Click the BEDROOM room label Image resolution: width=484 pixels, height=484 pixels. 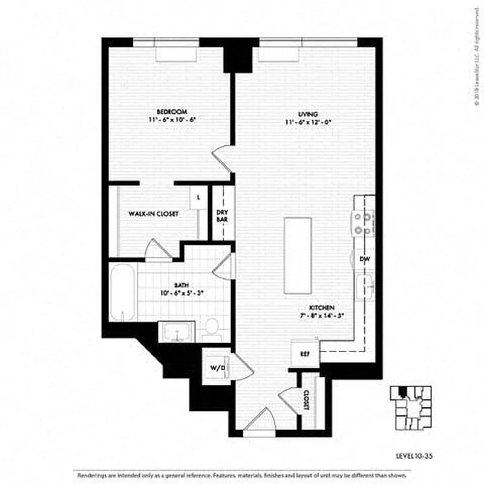pyautogui.click(x=171, y=112)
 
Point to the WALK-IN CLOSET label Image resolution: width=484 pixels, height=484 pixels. pyautogui.click(x=153, y=214)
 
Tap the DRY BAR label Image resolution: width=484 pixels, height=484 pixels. pyautogui.click(x=222, y=216)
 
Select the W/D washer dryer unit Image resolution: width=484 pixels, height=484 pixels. pyautogui.click(x=216, y=367)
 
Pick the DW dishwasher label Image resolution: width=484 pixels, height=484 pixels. pyautogui.click(x=364, y=259)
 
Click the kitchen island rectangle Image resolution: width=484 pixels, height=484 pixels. pyautogui.click(x=298, y=255)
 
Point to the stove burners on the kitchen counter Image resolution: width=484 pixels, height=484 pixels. pyautogui.click(x=363, y=223)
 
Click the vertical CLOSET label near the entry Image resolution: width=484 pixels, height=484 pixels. pyautogui.click(x=306, y=399)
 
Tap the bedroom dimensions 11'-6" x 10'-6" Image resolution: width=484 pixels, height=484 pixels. pyautogui.click(x=171, y=120)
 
